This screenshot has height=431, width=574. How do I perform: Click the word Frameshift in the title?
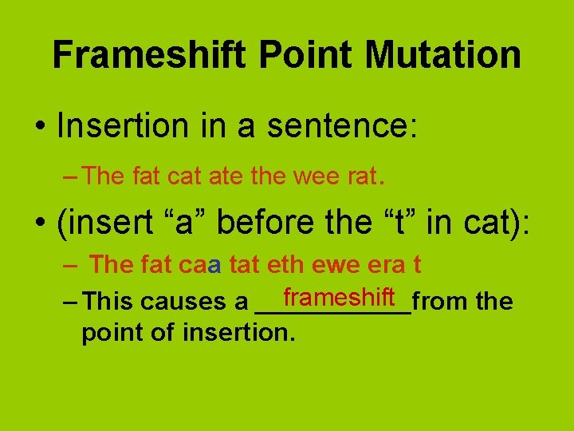coord(151,55)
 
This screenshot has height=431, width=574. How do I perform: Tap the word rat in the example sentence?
coord(361,176)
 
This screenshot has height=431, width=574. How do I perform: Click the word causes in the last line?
coord(179,302)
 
